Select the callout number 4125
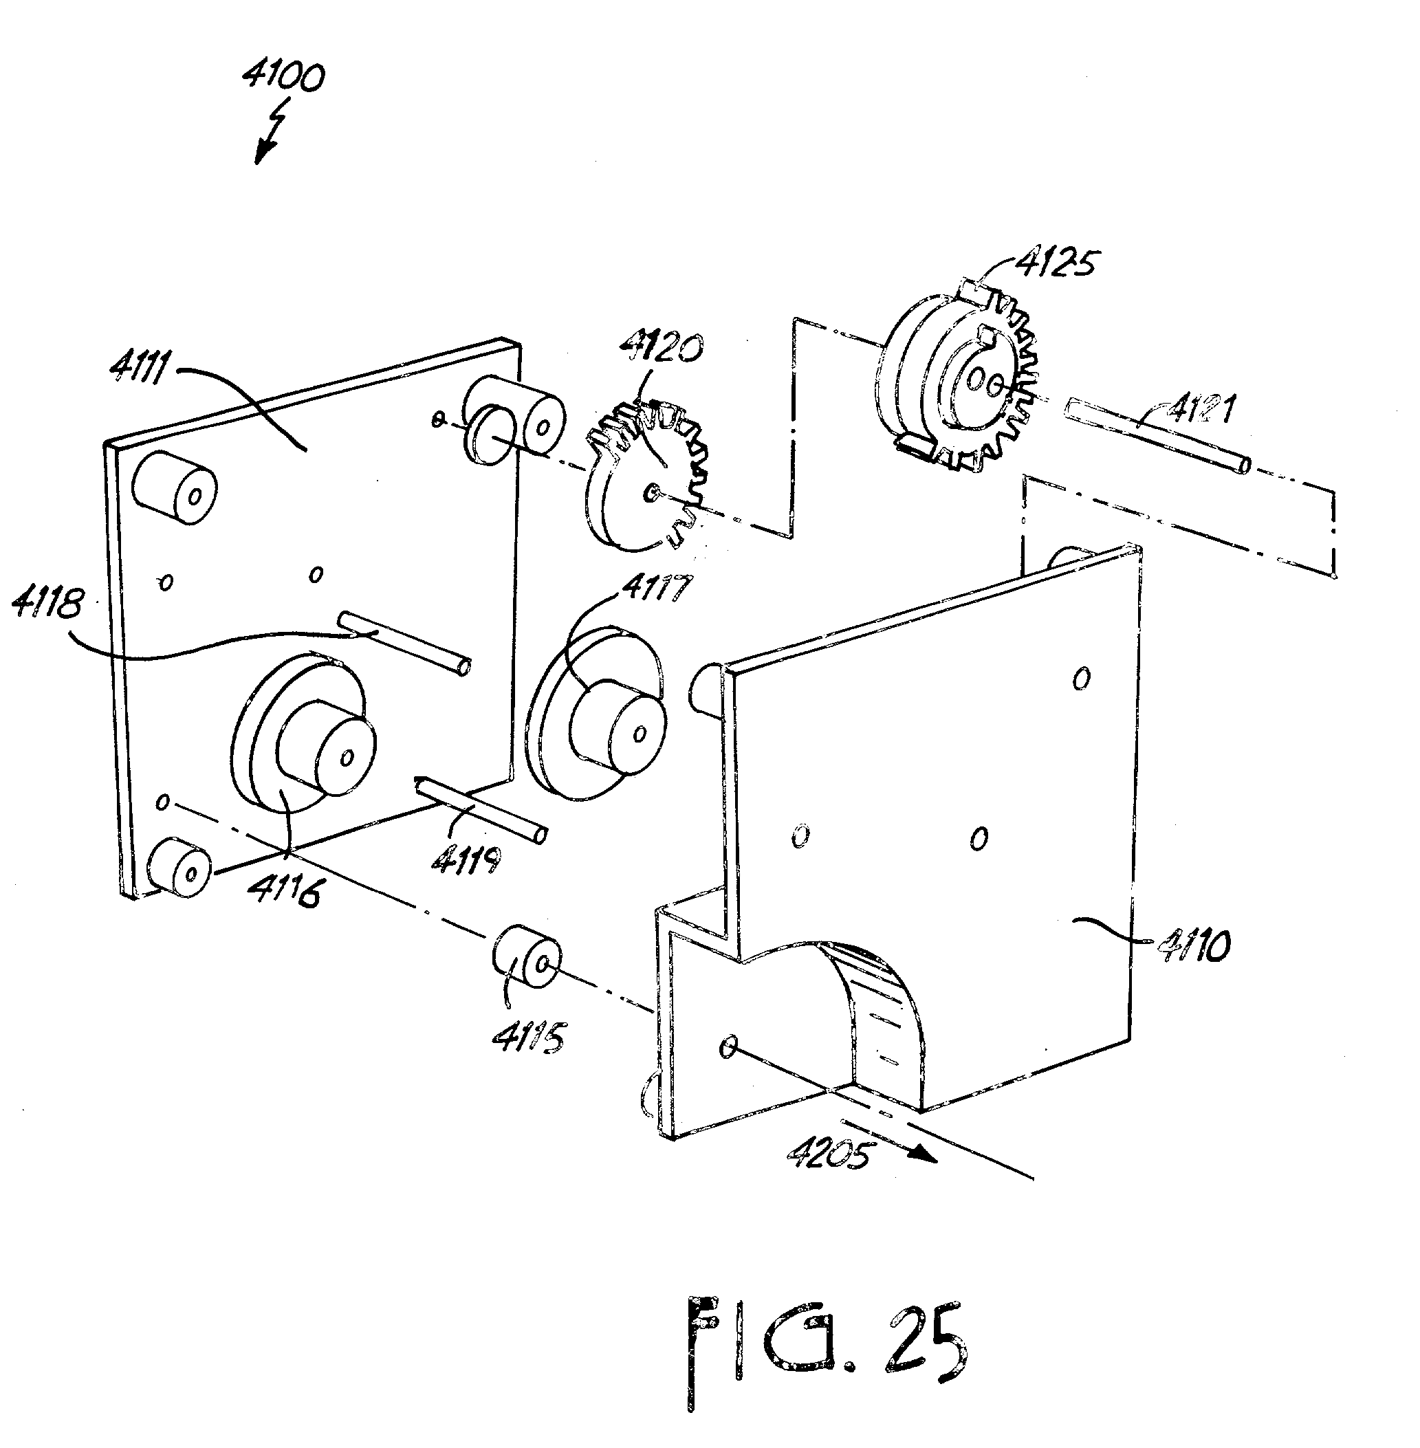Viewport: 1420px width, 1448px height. (1057, 263)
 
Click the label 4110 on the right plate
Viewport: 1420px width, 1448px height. (1193, 945)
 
